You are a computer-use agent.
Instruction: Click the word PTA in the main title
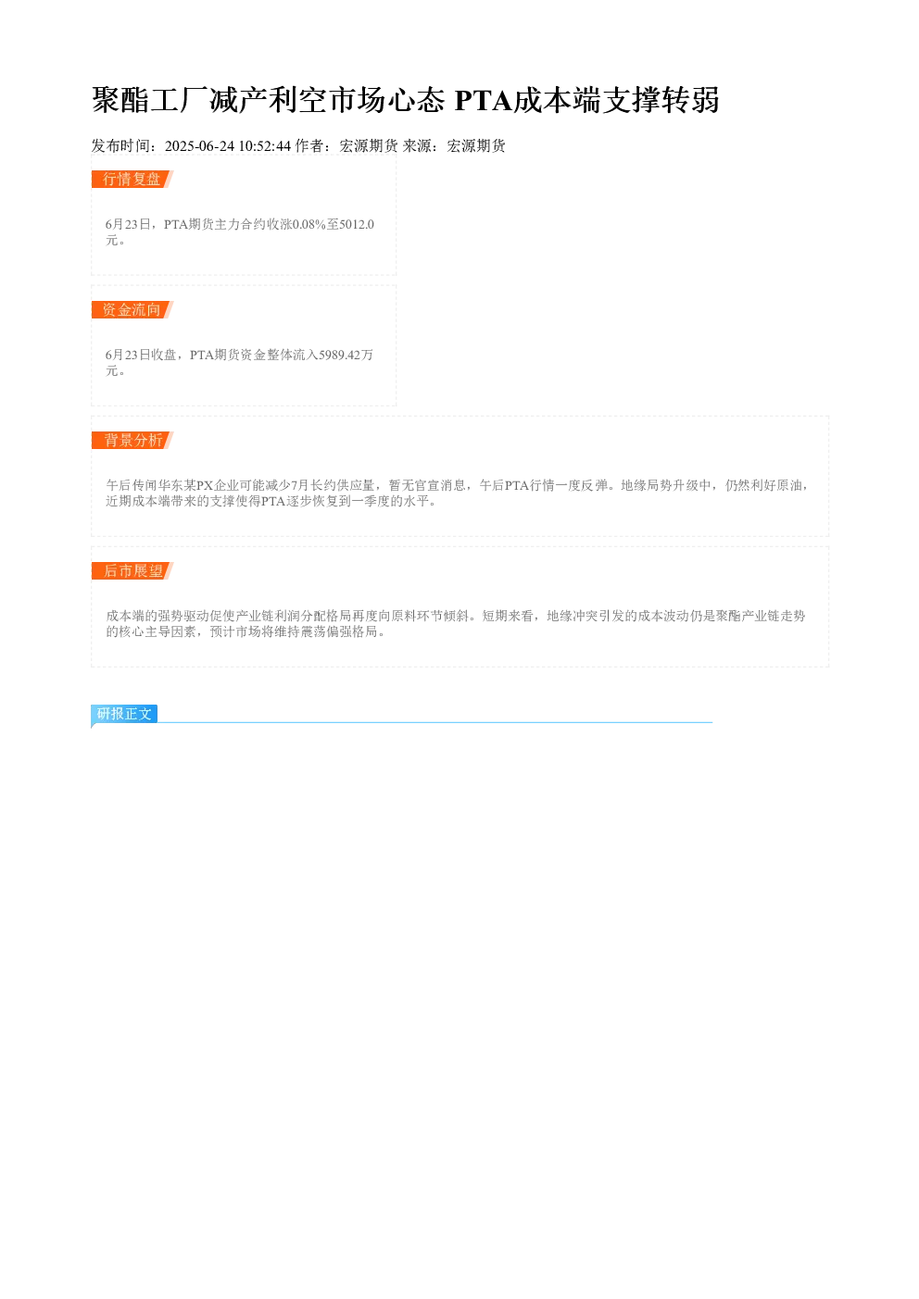pyautogui.click(x=484, y=100)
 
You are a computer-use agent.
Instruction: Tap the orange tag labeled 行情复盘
pyautogui.click(x=132, y=179)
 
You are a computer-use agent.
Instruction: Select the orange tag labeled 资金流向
pyautogui.click(x=132, y=309)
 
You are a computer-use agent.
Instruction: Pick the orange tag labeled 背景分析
pyautogui.click(x=132, y=440)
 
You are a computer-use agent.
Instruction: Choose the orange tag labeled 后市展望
pyautogui.click(x=132, y=570)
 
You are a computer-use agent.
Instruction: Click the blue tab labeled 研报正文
pyautogui.click(x=124, y=713)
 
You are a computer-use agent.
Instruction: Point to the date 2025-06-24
pyautogui.click(x=199, y=146)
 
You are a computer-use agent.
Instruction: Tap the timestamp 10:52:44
pyautogui.click(x=265, y=146)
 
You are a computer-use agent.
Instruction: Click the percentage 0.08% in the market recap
pyautogui.click(x=309, y=224)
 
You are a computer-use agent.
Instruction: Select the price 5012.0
pyautogui.click(x=357, y=224)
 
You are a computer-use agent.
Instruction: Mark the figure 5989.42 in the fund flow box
pyautogui.click(x=340, y=355)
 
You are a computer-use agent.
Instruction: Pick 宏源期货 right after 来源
pyautogui.click(x=476, y=146)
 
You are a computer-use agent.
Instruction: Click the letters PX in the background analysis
pyautogui.click(x=205, y=485)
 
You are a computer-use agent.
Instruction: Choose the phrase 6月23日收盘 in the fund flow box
pyautogui.click(x=141, y=355)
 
